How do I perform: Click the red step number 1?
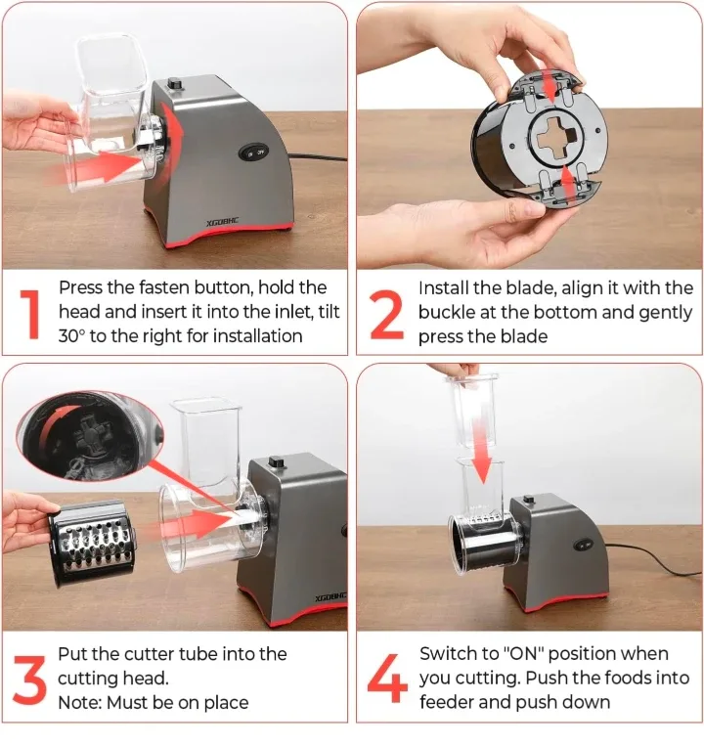coord(31,313)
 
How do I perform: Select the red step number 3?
coord(30,677)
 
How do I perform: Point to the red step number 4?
coord(387,677)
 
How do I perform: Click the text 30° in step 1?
coord(75,336)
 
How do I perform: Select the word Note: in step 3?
coord(79,702)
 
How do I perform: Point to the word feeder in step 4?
coord(447,702)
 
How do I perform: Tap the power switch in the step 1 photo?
coord(253,153)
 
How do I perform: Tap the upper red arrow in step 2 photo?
coord(553,87)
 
